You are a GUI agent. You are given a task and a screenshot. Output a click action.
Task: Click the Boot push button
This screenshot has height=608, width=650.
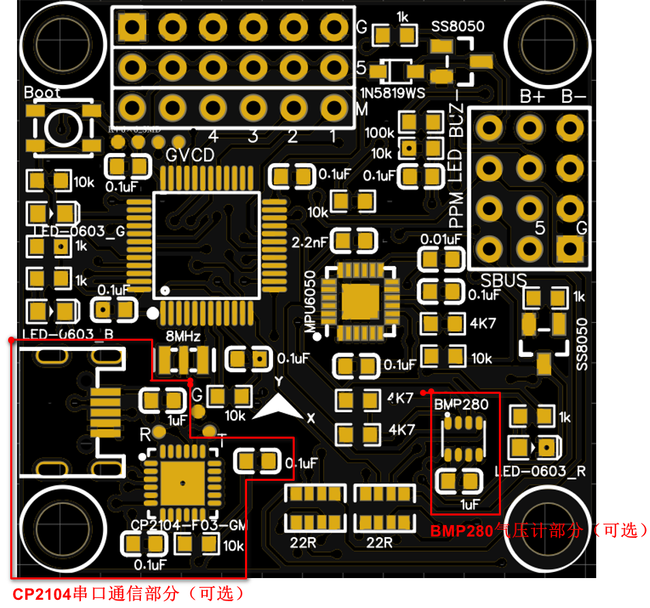coord(62,127)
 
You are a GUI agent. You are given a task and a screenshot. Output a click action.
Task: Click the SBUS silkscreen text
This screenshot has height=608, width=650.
coord(504,280)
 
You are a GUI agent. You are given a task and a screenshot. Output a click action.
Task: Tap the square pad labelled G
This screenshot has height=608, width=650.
coord(570,249)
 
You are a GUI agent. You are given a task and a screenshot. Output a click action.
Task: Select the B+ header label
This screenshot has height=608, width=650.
coord(532,97)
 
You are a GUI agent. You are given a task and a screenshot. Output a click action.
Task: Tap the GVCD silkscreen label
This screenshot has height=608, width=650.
coord(190,155)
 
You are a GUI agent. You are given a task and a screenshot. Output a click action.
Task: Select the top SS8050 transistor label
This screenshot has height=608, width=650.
coord(458,27)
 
